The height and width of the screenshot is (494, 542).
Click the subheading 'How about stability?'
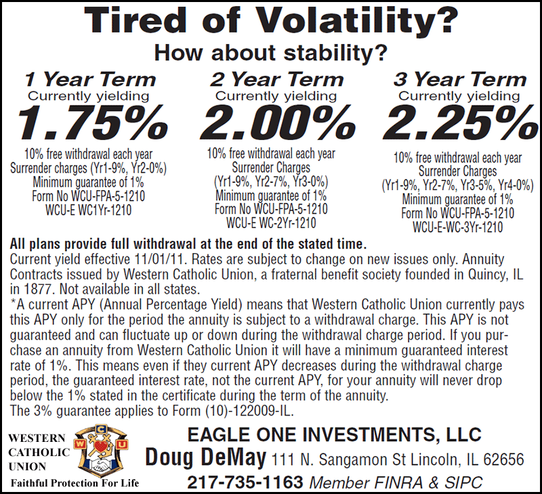(271, 51)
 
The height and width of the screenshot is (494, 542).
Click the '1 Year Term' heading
(90, 78)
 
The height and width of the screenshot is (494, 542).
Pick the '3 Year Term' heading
(459, 78)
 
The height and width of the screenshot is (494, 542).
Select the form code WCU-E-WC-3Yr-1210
(457, 227)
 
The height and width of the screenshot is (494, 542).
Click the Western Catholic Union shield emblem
(107, 450)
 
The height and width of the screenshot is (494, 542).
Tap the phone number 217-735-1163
(245, 482)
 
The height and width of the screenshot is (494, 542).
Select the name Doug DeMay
(205, 459)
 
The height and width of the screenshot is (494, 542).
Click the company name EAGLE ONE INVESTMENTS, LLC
(333, 434)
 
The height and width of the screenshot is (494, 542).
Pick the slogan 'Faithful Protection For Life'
(75, 483)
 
